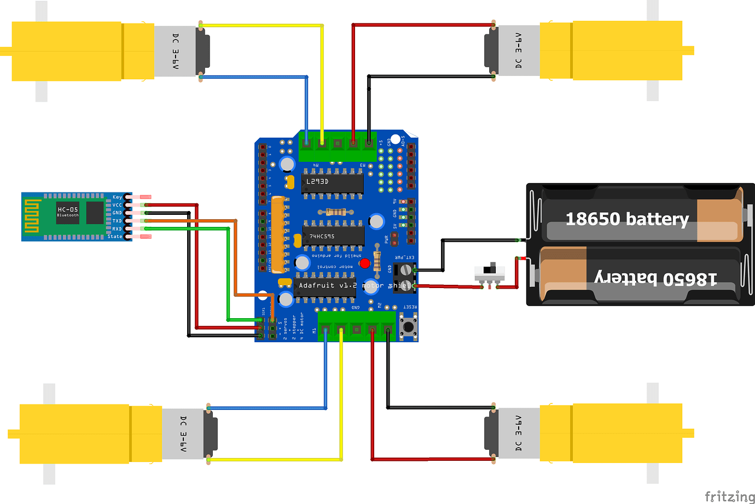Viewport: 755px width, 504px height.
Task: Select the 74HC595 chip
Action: [333, 236]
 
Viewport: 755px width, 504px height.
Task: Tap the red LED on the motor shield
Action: [364, 263]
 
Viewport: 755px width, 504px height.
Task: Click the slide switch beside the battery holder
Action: [490, 273]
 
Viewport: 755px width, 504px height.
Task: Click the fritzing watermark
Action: [729, 496]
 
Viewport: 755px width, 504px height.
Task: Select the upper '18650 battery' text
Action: [626, 219]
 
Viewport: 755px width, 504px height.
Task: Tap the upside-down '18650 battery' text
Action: [655, 278]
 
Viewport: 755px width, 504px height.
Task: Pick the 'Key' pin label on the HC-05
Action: [117, 197]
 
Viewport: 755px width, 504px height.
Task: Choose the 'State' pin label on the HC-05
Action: [114, 236]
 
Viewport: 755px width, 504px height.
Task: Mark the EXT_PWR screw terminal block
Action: [404, 277]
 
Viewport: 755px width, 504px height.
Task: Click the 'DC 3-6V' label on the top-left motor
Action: [175, 51]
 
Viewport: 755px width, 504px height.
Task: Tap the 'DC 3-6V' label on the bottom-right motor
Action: [518, 433]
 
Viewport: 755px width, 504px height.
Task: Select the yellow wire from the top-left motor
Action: [263, 25]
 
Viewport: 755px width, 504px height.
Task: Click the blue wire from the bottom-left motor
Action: [268, 408]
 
